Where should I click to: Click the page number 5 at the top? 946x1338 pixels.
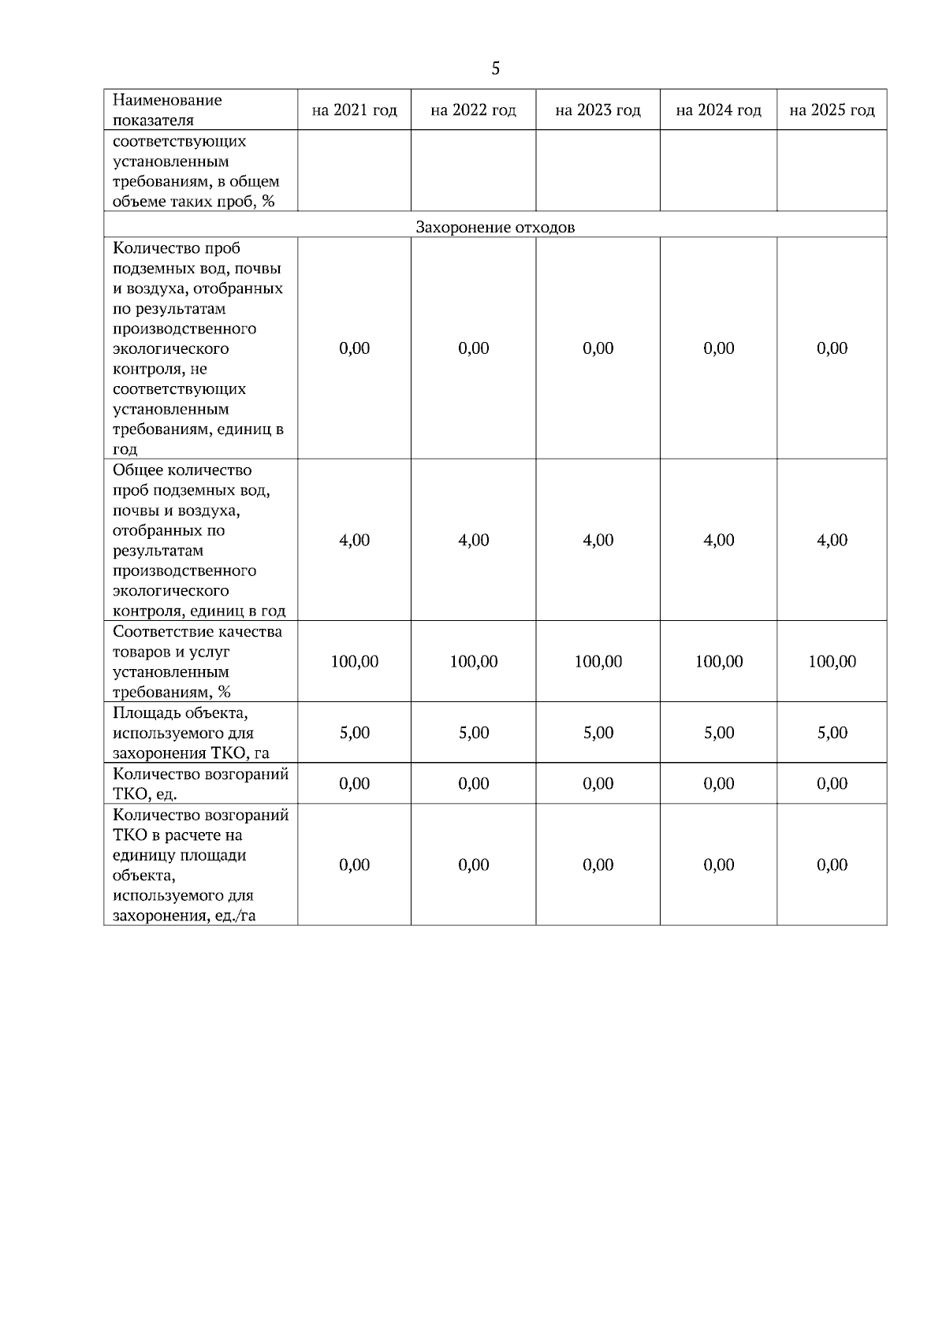pos(495,69)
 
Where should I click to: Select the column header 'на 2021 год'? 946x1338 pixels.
pos(354,110)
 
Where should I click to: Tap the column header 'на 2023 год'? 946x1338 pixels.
pos(598,110)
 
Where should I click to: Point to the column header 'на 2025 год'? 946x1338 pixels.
pos(832,110)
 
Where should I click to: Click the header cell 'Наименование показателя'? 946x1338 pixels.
pos(167,110)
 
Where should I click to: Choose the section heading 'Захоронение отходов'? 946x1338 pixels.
pos(495,228)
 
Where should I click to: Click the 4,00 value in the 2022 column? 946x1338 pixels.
pos(473,541)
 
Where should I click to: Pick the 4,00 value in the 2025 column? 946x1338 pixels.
pos(832,541)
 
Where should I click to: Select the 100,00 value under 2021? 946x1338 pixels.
pos(354,662)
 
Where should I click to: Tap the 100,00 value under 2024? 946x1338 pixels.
pos(718,662)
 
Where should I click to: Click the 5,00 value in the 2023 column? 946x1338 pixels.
pos(598,733)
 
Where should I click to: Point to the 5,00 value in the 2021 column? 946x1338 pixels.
pos(354,733)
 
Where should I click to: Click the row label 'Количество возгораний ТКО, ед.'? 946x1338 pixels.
pos(200,783)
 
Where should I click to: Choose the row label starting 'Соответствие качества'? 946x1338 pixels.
pos(197,662)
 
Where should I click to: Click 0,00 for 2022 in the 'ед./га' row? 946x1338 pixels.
pos(473,865)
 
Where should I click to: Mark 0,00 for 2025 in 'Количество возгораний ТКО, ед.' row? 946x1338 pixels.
pos(832,784)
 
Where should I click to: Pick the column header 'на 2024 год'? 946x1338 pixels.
pos(718,110)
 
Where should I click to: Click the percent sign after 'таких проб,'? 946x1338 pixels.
pos(268,202)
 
